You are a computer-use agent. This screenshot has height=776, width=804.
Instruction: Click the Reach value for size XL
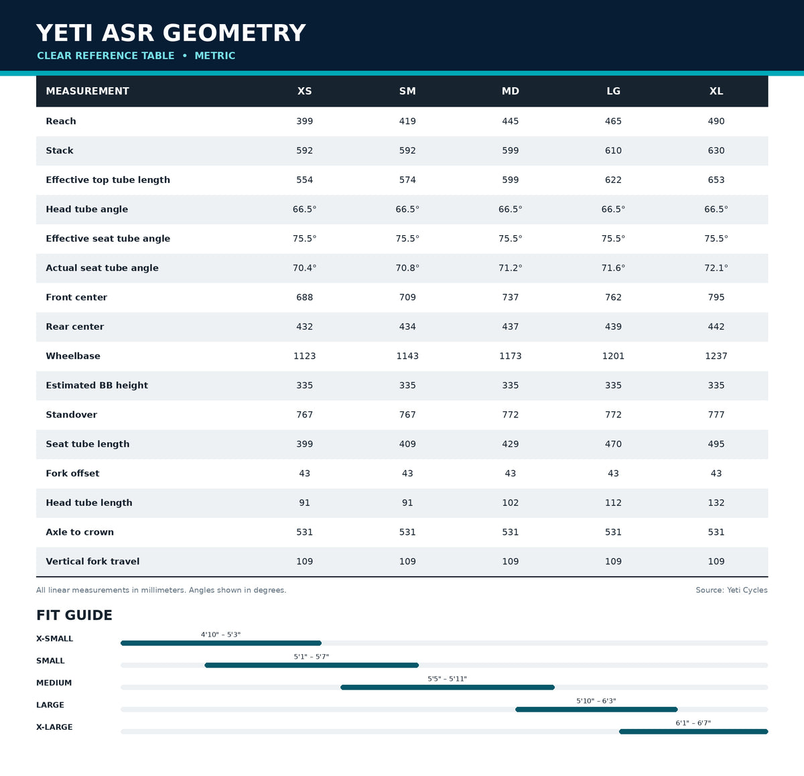[716, 121]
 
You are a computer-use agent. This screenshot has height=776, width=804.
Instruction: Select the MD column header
[511, 91]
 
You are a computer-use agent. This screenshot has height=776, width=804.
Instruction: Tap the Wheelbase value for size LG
[613, 356]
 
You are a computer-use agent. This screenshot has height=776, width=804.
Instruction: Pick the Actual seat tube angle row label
[102, 268]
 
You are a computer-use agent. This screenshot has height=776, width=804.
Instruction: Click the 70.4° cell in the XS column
[304, 268]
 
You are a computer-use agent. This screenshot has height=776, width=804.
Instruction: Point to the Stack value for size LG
[613, 150]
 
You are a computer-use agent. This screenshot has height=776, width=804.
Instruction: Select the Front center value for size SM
[407, 297]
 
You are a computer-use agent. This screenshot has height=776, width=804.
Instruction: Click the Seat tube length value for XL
[716, 444]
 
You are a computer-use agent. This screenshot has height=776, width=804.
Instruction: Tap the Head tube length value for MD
[511, 503]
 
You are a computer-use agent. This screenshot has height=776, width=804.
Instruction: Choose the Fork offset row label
[73, 473]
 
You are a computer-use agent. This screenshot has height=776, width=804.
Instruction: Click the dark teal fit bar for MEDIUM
[448, 687]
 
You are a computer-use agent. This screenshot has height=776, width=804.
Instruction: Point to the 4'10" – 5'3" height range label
[220, 635]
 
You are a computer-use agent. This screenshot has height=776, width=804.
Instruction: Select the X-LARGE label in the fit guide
[54, 727]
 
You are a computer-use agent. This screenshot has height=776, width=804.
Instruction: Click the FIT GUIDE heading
[74, 615]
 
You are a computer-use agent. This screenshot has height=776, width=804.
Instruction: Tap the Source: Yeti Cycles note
[731, 590]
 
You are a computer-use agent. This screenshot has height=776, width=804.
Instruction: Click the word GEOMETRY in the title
[234, 33]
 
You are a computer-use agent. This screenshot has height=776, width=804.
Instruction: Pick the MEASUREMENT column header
[88, 91]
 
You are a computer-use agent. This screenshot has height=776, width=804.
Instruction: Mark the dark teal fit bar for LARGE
[596, 710]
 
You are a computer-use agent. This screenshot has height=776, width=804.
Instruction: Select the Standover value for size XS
[304, 414]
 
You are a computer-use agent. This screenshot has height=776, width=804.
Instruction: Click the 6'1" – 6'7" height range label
[693, 722]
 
